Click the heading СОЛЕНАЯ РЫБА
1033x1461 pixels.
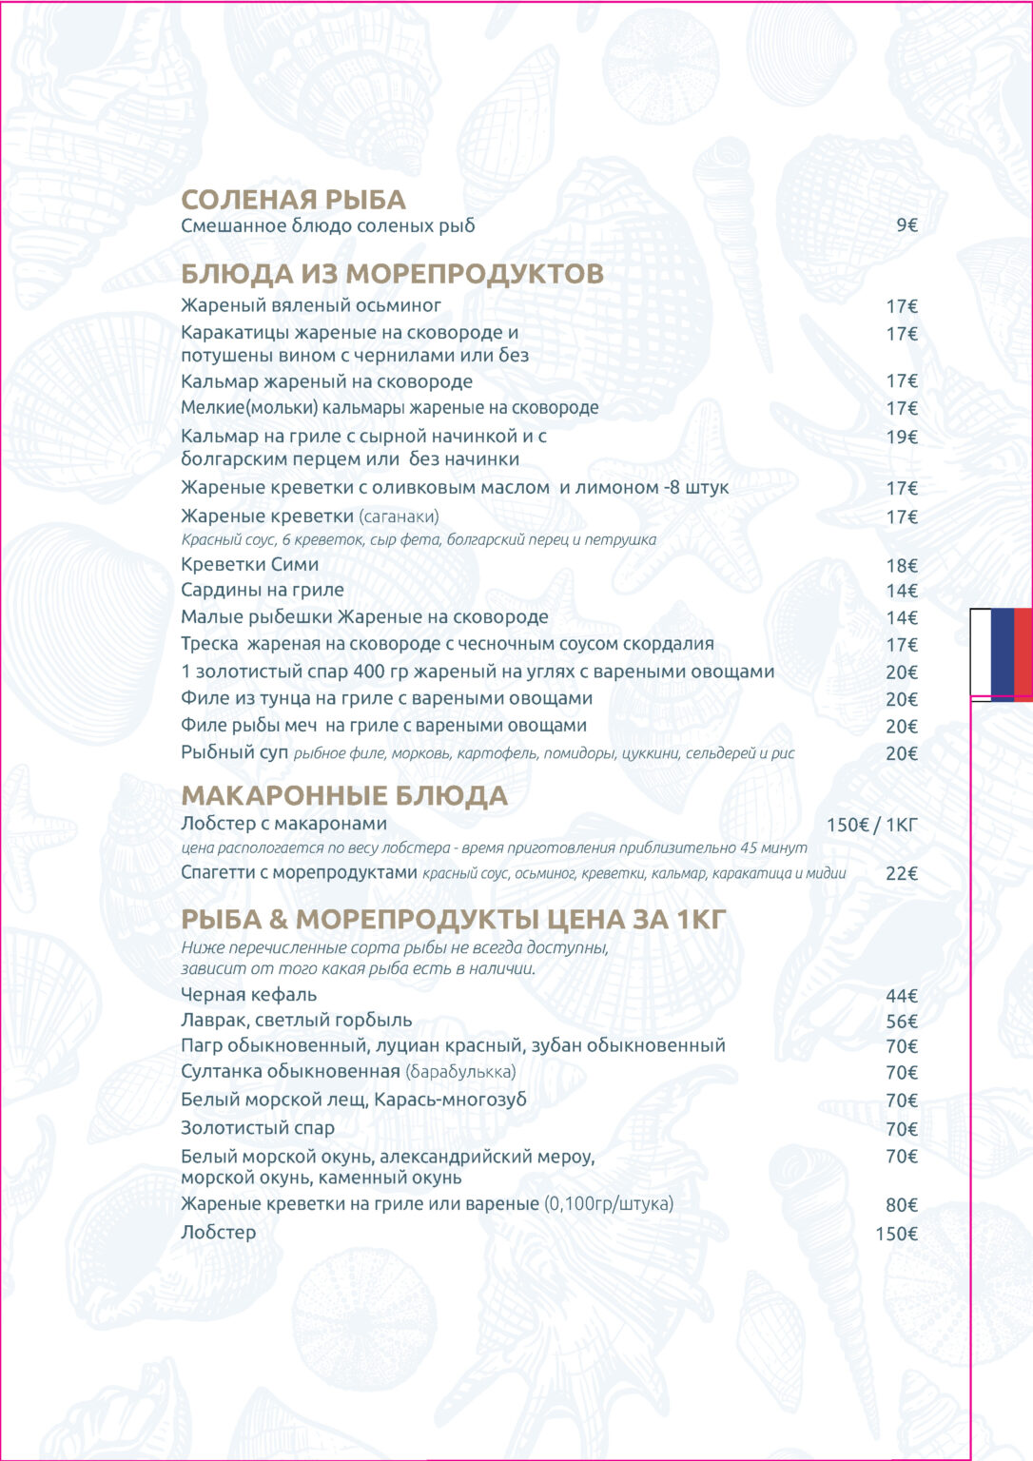coord(293,200)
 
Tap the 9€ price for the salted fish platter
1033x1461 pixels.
coord(906,225)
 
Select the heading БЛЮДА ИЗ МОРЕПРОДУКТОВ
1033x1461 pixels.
coord(392,274)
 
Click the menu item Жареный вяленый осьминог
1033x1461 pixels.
coord(311,305)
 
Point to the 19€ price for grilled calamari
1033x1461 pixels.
coord(901,438)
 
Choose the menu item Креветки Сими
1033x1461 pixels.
coord(249,564)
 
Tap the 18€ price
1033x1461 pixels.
coord(901,566)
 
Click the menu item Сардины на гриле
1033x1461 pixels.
coord(262,590)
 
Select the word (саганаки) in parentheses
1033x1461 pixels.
coord(399,516)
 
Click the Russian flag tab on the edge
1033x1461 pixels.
coord(1001,653)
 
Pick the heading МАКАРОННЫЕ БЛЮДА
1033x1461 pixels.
coord(344,795)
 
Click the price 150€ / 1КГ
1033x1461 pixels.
coord(871,825)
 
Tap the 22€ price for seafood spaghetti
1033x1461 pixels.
coord(901,873)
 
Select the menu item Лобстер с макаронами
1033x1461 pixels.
coord(283,824)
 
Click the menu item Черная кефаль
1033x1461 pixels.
coord(248,995)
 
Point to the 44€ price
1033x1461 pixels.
coord(901,996)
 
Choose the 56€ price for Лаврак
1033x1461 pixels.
coord(901,1022)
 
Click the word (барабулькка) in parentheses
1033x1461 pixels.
coord(460,1072)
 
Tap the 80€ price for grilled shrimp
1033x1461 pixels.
coord(901,1205)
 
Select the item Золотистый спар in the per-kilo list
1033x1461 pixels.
coord(258,1128)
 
